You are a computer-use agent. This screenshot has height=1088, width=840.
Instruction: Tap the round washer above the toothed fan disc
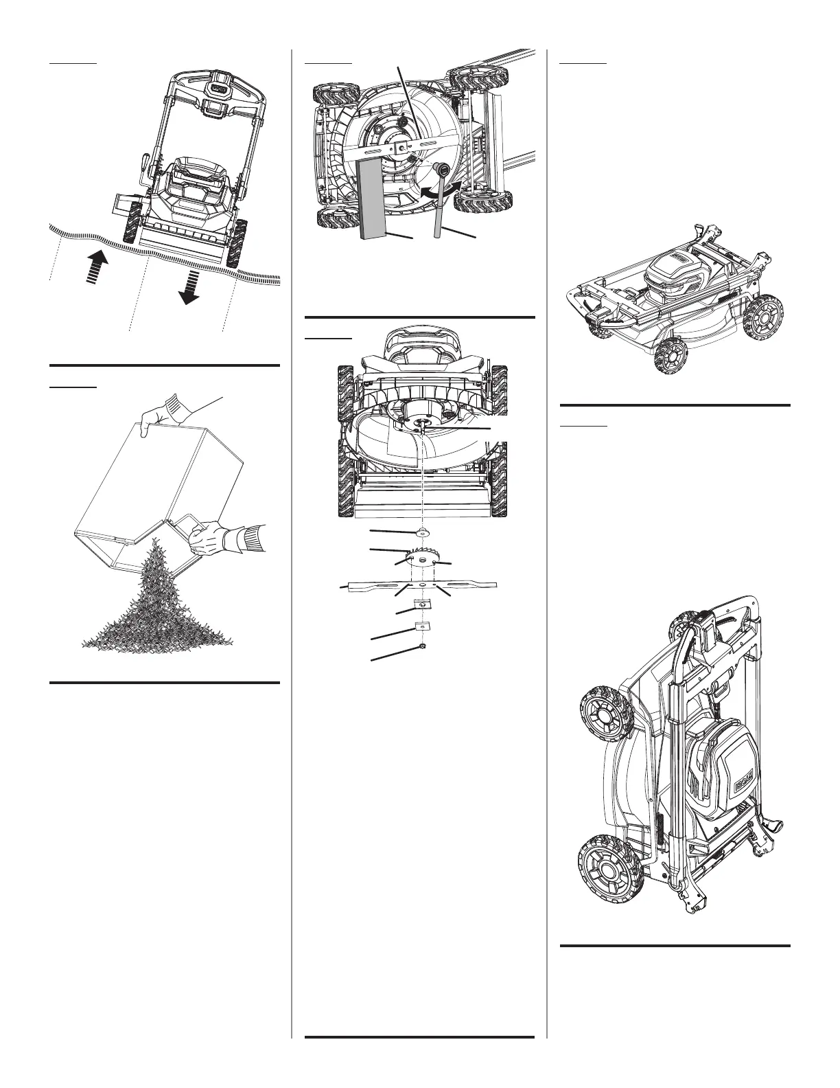(422, 532)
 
